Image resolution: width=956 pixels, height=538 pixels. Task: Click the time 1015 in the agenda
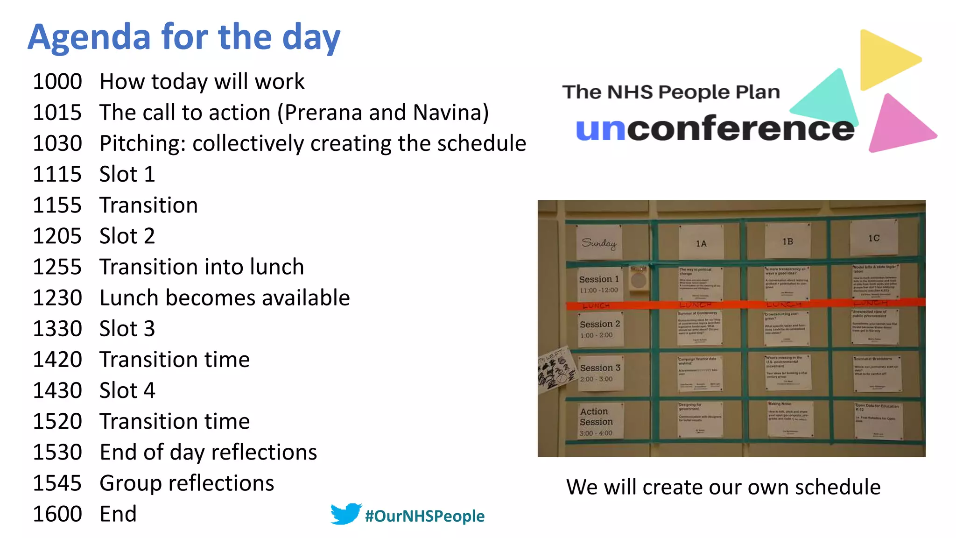57,113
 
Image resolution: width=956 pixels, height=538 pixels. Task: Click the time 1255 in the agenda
57,267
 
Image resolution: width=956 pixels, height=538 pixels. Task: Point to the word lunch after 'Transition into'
277,267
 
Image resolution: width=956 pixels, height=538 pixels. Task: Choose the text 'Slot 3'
127,329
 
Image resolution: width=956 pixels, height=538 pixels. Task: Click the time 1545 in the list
57,483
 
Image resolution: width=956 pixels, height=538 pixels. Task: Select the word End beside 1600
118,514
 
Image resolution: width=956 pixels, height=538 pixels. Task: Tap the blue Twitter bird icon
346,514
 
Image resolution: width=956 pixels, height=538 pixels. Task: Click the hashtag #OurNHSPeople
425,516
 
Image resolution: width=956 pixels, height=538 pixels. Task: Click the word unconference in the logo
715,128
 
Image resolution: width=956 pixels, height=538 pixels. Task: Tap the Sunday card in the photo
599,242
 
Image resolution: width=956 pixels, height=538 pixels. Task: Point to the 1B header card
788,241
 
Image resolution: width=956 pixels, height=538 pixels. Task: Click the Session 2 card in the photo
600,329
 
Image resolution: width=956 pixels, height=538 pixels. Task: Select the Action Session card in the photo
597,421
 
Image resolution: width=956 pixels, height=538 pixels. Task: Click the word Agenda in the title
89,37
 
